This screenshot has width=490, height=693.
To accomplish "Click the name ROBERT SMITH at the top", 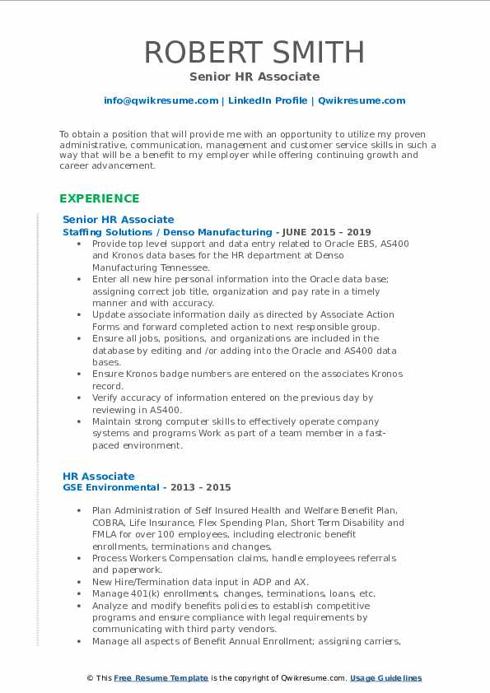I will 254,52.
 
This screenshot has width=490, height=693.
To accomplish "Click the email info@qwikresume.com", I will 161,100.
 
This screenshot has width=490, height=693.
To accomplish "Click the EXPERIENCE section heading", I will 100,198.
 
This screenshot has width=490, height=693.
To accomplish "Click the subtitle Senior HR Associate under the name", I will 254,77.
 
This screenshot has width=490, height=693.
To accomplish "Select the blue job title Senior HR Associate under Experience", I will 119,220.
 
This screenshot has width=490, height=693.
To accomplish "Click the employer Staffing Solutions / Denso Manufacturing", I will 167,232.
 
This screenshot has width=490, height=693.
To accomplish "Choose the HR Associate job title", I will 99,476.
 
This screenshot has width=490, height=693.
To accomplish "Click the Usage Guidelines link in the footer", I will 385,678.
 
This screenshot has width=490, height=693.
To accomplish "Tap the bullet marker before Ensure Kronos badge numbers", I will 78,374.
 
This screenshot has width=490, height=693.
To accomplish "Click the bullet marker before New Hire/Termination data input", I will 78,581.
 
